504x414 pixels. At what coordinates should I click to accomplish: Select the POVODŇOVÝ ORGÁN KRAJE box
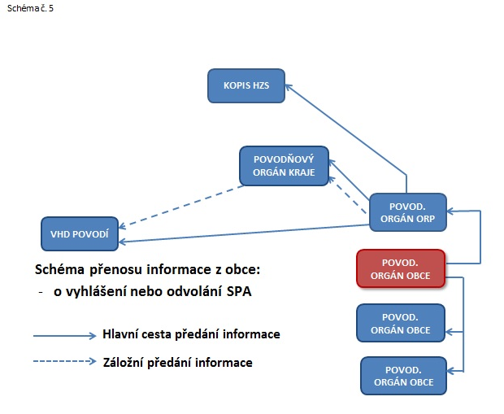[283, 165]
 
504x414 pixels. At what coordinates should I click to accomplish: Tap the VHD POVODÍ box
[80, 233]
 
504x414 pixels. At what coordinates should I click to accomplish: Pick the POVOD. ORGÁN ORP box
[408, 212]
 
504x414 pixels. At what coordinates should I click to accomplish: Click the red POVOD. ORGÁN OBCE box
[401, 268]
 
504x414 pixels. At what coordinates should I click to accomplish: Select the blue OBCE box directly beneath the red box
[401, 323]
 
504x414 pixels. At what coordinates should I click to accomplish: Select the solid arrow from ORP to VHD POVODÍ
[244, 233]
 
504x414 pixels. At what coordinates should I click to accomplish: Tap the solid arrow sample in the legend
[64, 335]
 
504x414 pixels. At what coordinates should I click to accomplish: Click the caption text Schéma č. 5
[24, 7]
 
